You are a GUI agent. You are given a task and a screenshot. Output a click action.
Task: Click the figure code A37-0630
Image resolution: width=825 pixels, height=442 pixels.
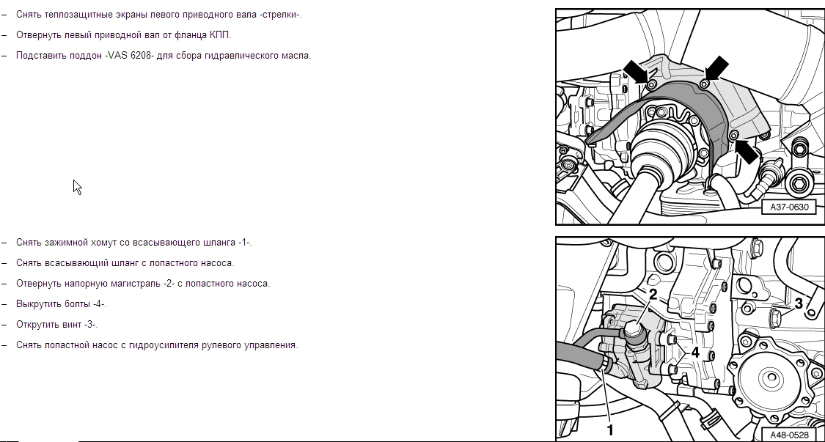(x=789, y=207)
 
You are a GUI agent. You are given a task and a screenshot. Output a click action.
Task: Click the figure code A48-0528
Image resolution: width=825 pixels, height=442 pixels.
(x=789, y=435)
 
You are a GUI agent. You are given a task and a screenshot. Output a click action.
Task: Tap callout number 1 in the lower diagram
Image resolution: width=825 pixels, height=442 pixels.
(x=610, y=430)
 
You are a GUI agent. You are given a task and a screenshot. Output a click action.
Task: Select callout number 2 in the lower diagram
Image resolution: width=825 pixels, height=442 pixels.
(x=653, y=295)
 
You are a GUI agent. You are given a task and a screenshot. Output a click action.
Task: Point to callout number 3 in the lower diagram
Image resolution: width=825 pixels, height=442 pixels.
(x=799, y=303)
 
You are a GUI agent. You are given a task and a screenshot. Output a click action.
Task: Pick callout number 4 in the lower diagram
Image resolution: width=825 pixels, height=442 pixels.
(x=695, y=353)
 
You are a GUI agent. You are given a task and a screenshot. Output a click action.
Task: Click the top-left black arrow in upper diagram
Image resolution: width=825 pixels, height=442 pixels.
(x=637, y=72)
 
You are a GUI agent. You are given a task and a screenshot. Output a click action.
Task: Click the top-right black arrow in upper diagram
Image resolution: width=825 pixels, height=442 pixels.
(x=716, y=69)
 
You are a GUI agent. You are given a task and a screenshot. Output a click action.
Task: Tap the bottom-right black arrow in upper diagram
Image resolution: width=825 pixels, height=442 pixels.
(x=746, y=150)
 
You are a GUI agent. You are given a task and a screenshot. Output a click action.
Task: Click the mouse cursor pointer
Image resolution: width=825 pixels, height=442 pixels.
(x=77, y=188)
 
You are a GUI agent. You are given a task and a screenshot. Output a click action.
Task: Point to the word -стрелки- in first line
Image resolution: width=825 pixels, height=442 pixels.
(x=280, y=15)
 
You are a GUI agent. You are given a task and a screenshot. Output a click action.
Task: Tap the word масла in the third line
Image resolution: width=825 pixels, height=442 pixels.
(x=297, y=55)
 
